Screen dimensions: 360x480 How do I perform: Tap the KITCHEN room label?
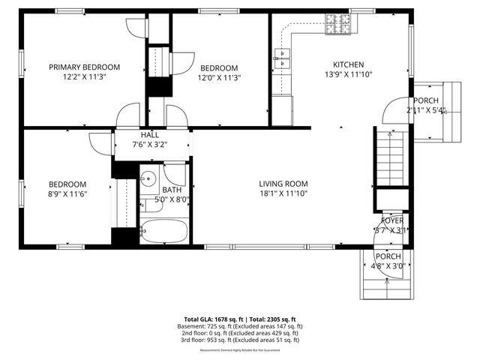pyautogui.click(x=349, y=64)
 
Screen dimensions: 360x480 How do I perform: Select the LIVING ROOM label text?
pyautogui.click(x=283, y=184)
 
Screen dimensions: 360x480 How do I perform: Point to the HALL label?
pyautogui.click(x=149, y=134)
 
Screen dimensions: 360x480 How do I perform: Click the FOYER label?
pyautogui.click(x=391, y=220)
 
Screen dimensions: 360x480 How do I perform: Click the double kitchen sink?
pyautogui.click(x=283, y=58)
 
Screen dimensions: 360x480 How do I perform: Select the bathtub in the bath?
pyautogui.click(x=163, y=232)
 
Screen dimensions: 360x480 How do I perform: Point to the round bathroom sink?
pyautogui.click(x=148, y=179)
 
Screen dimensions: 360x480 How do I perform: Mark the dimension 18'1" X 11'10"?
pyautogui.click(x=283, y=193)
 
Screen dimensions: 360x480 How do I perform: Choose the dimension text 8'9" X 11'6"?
pyautogui.click(x=67, y=194)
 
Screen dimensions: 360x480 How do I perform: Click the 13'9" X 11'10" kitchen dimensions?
pyautogui.click(x=349, y=74)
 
